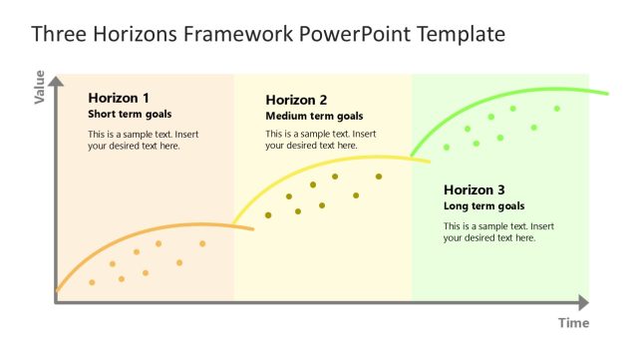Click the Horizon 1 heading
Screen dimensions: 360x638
click(x=119, y=98)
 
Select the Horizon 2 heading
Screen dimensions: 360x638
click(x=296, y=100)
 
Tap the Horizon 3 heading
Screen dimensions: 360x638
click(x=475, y=189)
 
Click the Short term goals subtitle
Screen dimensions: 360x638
click(x=130, y=115)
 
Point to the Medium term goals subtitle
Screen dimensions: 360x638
click(x=314, y=116)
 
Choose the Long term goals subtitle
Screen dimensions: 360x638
click(x=483, y=206)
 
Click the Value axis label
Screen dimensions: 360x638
click(x=40, y=87)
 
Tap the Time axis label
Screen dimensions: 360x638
click(x=573, y=323)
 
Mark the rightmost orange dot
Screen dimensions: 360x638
click(x=202, y=243)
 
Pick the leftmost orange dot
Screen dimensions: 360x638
click(x=92, y=282)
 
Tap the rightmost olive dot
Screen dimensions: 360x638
click(x=379, y=177)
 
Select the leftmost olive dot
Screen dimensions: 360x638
click(x=268, y=215)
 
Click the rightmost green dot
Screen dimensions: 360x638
click(x=557, y=109)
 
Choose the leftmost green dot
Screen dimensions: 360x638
click(x=447, y=148)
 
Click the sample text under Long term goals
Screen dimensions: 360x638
click(x=498, y=232)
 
